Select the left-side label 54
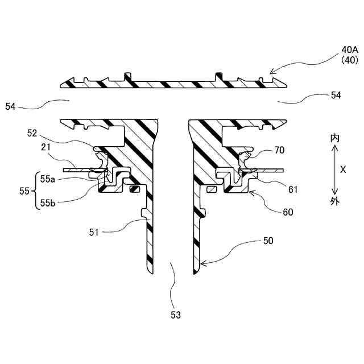point(11,106)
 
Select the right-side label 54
point(336,96)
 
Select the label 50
point(268,241)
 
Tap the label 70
point(278,151)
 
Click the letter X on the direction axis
point(343,169)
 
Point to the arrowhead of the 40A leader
point(270,73)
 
